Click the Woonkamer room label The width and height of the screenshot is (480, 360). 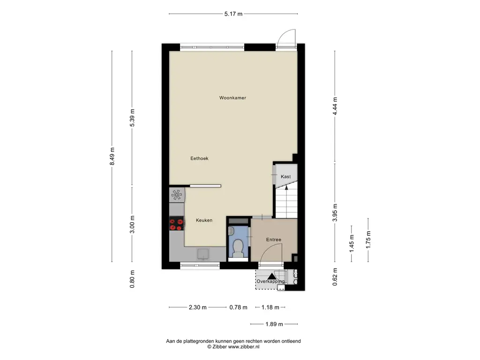(x=232, y=97)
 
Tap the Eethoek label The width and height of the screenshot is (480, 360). (x=199, y=158)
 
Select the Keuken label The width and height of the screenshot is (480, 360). (x=204, y=220)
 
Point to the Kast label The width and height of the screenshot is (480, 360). (x=285, y=176)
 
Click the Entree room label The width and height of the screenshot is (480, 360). (x=274, y=240)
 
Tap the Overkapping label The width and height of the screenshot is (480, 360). (x=270, y=281)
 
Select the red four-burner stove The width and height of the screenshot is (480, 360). (x=177, y=223)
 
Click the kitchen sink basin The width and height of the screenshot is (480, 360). (x=203, y=254)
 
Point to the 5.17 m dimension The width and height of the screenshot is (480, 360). (x=233, y=14)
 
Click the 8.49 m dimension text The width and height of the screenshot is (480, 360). (x=112, y=156)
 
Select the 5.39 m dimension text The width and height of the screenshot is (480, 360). (x=132, y=118)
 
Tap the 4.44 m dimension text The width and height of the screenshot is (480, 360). (x=335, y=106)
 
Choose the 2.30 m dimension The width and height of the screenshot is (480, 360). (x=197, y=307)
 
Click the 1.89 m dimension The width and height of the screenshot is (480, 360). (x=274, y=324)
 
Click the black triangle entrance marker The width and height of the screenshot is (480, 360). (x=271, y=276)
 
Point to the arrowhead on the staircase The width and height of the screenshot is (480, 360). (x=286, y=187)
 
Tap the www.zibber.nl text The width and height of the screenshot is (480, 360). (x=244, y=347)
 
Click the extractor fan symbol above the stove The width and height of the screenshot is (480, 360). (x=177, y=195)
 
